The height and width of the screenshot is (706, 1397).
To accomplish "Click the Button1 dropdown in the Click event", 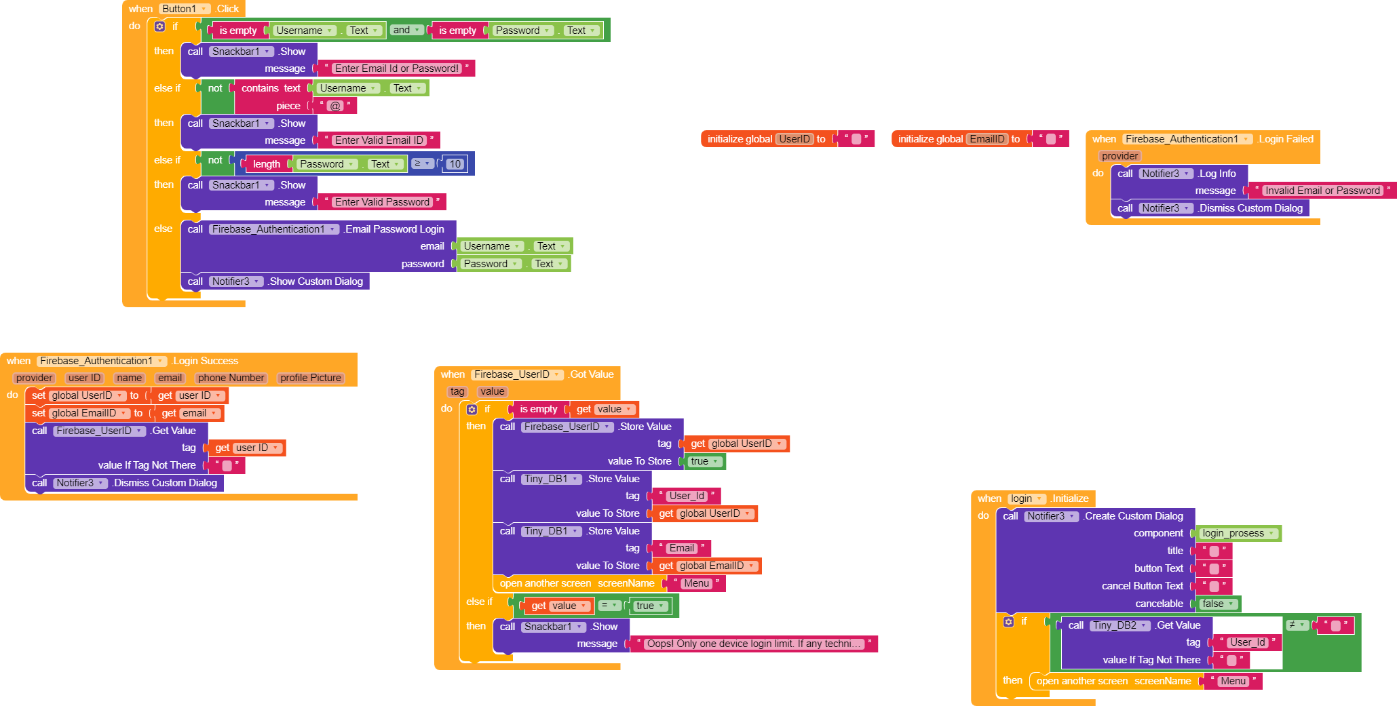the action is [x=185, y=9].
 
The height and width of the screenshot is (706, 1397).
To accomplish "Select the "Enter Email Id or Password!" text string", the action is [x=397, y=68].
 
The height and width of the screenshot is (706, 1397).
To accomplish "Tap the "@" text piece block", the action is [x=335, y=106].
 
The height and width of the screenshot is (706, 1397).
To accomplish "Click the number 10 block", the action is [x=455, y=163].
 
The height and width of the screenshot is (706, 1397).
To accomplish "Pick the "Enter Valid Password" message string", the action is [x=382, y=202].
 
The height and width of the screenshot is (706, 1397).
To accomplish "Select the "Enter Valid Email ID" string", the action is [x=379, y=140].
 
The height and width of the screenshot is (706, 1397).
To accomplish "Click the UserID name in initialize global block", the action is [x=795, y=139].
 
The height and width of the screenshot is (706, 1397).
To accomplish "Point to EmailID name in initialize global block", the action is [x=987, y=139].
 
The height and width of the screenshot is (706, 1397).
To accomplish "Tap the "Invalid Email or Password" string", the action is [x=1322, y=191].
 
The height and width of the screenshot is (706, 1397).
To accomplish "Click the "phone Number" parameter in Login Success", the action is [x=231, y=378].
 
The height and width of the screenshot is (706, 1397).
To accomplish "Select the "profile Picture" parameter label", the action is [x=311, y=378].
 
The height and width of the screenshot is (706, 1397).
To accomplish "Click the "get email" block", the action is [x=189, y=413].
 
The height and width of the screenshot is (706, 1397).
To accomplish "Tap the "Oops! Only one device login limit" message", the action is [x=754, y=644].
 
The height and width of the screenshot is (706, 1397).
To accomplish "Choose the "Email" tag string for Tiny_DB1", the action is [x=682, y=548].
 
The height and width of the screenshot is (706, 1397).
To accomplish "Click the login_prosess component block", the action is [x=1238, y=533].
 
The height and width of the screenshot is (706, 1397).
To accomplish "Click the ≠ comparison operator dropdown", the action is [x=1297, y=625].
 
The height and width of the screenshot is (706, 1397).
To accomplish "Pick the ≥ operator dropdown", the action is [x=423, y=163].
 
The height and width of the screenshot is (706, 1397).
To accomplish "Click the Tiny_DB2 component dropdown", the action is [x=1119, y=625].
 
